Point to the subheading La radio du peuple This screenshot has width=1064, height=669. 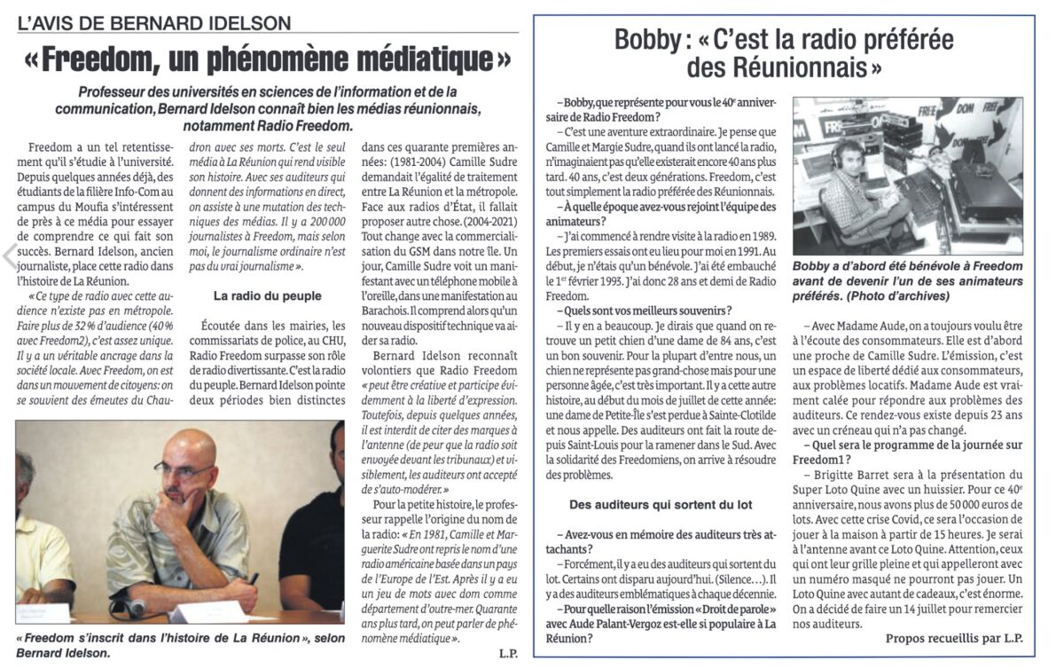pyautogui.click(x=265, y=294)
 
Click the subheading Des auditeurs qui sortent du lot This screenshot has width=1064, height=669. pyautogui.click(x=661, y=504)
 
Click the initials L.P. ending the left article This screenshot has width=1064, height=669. pyautogui.click(x=501, y=654)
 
